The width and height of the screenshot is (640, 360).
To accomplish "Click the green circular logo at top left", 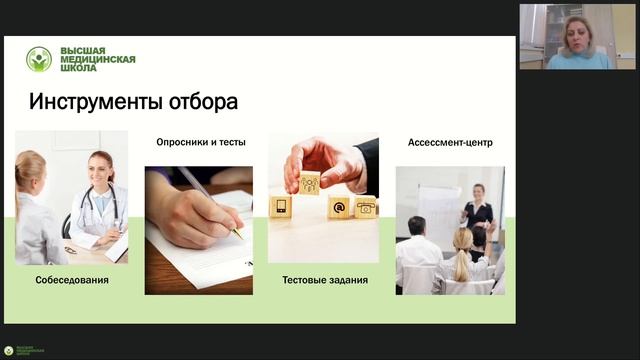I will pyautogui.click(x=39, y=59).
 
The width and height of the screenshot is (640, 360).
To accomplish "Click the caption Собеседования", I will pyautogui.click(x=72, y=280).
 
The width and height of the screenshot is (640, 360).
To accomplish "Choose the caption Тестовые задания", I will pyautogui.click(x=325, y=280).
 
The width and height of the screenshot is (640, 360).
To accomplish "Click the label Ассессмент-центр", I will pyautogui.click(x=450, y=142).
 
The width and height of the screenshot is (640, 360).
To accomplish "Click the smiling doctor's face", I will pyautogui.click(x=102, y=168).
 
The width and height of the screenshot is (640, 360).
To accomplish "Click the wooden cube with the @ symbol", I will pyautogui.click(x=339, y=207).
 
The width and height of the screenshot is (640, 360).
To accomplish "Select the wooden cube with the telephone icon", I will pyautogui.click(x=366, y=207).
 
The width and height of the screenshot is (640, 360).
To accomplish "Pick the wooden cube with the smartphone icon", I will pyautogui.click(x=280, y=207).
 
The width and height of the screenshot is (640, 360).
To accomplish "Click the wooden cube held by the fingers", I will pyautogui.click(x=310, y=182).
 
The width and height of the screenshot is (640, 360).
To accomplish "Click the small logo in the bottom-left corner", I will pyautogui.click(x=9, y=351).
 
